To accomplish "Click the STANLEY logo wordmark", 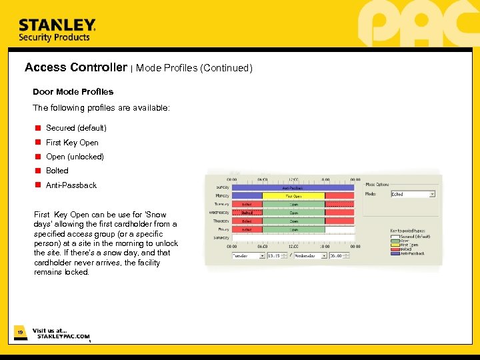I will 57,25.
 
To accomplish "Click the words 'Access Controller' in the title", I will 75,67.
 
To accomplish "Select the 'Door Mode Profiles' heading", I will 73,92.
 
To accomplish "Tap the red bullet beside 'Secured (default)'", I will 39,127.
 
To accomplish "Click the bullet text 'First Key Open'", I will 72,143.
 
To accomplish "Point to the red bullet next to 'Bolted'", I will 39,171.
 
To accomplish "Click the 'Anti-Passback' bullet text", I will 71,185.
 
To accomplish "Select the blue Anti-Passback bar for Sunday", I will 293,188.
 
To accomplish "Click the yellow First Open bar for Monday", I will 293,196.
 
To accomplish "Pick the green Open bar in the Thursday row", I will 293,221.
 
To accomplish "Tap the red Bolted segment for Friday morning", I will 247,229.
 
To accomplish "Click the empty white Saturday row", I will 293,237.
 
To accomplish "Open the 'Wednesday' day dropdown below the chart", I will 309,255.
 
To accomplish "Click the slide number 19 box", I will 20,331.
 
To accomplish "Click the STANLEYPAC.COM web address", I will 63,337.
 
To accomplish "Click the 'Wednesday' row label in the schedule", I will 219,213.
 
